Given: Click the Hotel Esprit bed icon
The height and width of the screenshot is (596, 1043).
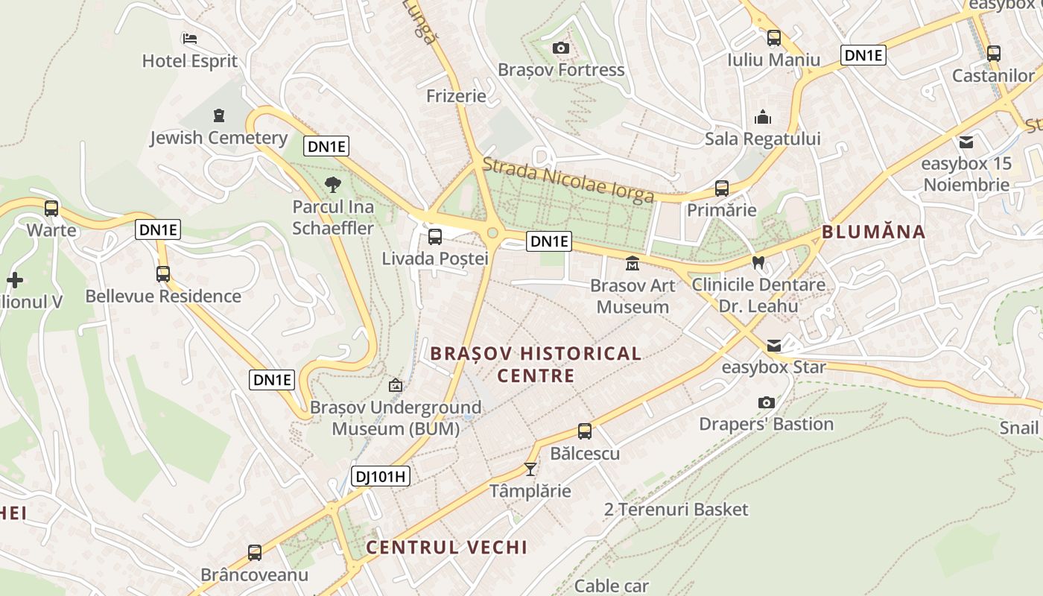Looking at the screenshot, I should (189, 38).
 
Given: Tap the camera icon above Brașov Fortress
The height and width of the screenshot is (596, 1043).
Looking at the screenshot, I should (561, 48).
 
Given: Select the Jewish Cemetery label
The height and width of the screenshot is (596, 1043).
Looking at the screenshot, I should (218, 138).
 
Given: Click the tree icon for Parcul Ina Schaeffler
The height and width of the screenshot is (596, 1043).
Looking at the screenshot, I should (332, 184).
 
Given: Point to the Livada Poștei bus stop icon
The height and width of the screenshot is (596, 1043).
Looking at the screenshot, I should (434, 237).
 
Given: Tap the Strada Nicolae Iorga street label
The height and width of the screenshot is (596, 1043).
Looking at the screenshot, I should (569, 180).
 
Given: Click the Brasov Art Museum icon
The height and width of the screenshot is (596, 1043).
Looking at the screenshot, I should (632, 263).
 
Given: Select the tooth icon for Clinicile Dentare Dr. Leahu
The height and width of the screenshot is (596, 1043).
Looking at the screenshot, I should (758, 262).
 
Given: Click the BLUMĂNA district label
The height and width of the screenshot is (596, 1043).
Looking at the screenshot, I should (873, 232).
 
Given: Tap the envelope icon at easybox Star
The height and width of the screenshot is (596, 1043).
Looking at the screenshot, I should (774, 345).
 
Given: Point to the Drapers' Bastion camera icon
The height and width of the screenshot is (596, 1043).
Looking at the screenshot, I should (766, 402).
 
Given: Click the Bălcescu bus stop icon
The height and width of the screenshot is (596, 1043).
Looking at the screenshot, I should (585, 431).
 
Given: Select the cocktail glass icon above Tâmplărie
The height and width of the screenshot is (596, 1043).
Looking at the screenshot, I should (530, 469).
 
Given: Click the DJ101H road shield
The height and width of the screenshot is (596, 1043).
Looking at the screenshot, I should (381, 475).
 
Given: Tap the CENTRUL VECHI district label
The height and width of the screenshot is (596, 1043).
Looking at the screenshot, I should (446, 548).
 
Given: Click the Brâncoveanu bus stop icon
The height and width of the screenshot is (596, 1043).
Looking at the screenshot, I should (255, 553).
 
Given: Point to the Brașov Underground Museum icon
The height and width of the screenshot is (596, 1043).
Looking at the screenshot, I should (396, 385).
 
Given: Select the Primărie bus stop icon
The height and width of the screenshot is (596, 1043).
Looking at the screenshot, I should (721, 188).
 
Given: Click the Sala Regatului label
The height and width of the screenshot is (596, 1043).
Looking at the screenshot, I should (762, 139).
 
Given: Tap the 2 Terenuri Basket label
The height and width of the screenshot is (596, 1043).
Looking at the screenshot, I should (676, 510).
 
